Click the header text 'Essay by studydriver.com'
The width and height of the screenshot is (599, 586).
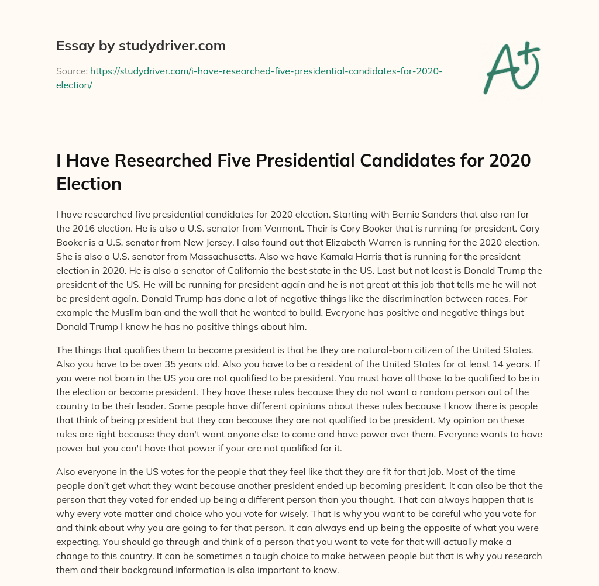pos(141,45)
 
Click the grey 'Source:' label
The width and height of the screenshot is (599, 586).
pos(71,71)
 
